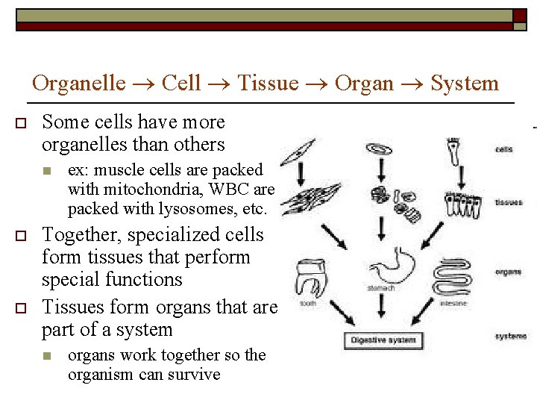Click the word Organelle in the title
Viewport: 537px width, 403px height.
pos(79,83)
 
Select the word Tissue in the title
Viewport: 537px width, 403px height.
pos(268,83)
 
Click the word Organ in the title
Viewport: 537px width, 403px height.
pos(364,83)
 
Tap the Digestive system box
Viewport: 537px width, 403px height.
pos(383,340)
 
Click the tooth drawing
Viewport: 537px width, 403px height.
pos(313,278)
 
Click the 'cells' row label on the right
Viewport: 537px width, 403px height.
pos(504,149)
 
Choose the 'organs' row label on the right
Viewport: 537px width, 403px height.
pos(508,272)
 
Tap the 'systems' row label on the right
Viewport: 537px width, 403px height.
pos(510,337)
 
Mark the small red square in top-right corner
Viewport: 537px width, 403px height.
pos(519,16)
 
